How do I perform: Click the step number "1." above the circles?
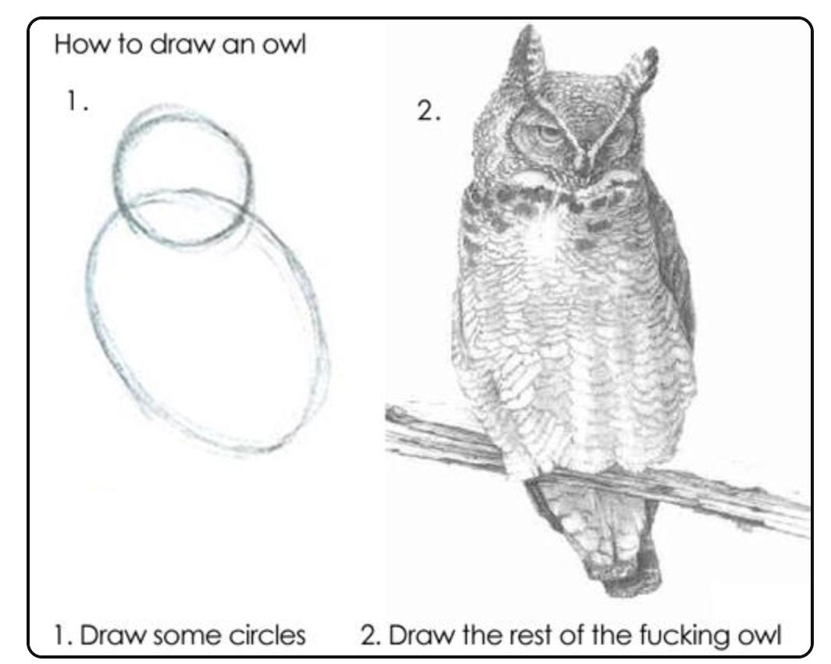tap(77, 101)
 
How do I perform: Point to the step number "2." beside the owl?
tap(428, 111)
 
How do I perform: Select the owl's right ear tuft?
tap(640, 68)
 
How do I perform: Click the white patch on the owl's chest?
tap(547, 233)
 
